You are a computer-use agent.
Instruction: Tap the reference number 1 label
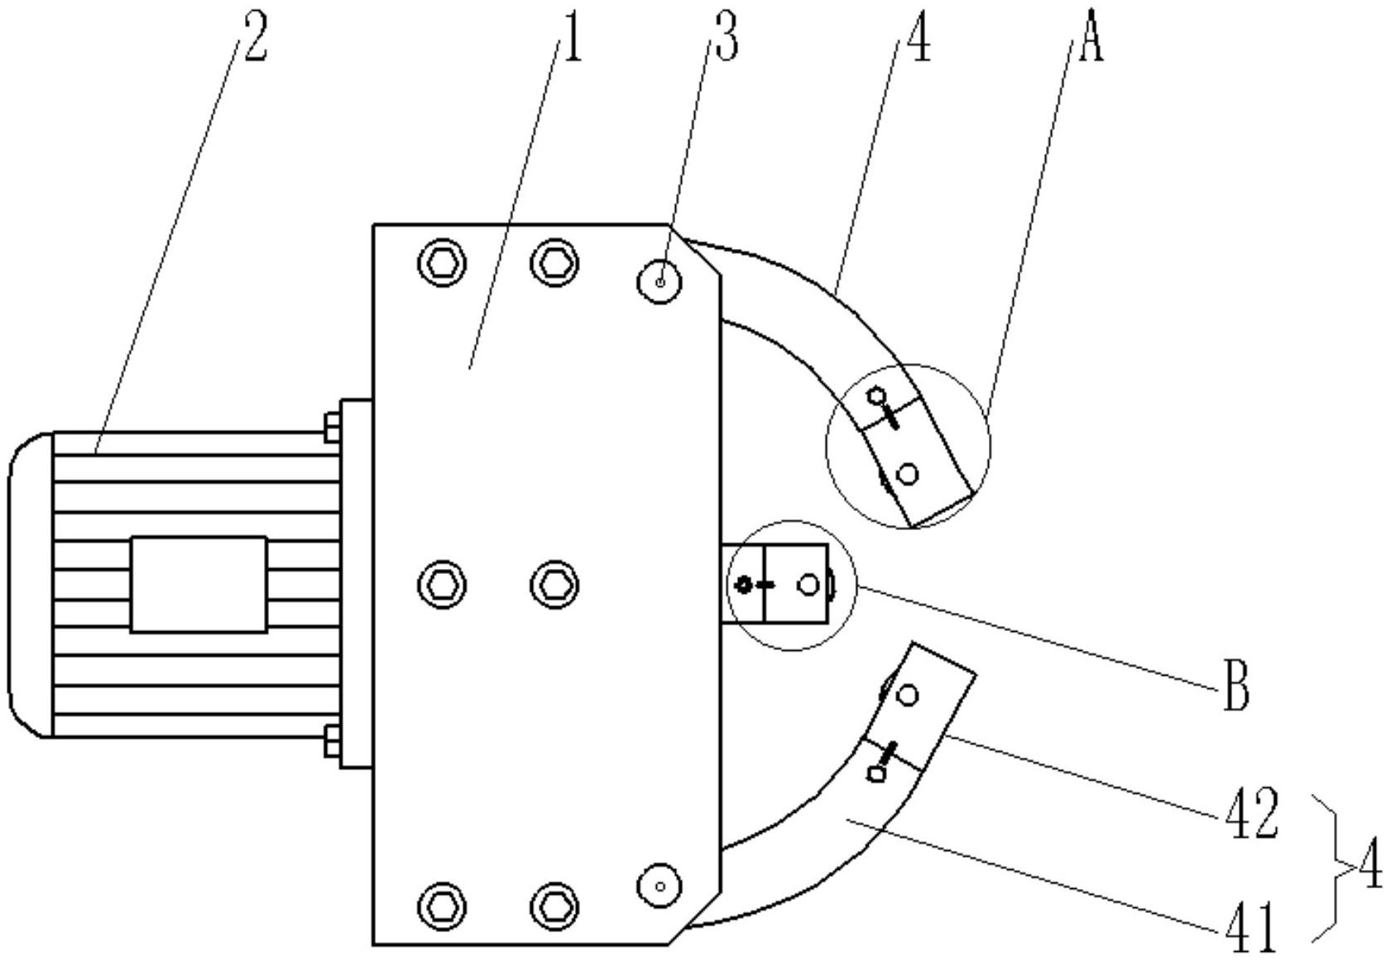click(x=571, y=41)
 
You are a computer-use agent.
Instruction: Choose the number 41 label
click(x=1250, y=927)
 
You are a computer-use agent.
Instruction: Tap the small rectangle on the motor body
click(x=199, y=585)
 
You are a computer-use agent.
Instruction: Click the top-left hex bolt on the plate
click(x=442, y=263)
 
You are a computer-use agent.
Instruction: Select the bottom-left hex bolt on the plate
click(x=442, y=906)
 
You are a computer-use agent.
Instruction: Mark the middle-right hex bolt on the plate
click(x=554, y=585)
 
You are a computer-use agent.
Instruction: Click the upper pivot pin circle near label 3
click(x=660, y=282)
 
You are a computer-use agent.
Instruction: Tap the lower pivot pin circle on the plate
click(x=660, y=886)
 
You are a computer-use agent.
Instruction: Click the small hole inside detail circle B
click(x=809, y=584)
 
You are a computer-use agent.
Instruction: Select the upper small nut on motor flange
click(x=332, y=428)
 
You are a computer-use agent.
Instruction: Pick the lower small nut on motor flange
click(x=332, y=741)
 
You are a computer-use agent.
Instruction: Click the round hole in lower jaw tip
click(x=908, y=696)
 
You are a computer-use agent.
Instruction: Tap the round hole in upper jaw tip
click(x=908, y=474)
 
